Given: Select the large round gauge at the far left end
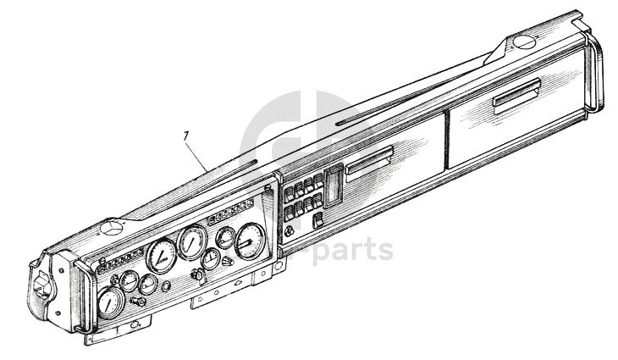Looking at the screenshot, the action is pyautogui.click(x=110, y=302).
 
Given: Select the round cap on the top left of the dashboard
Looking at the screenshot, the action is pyautogui.click(x=111, y=229).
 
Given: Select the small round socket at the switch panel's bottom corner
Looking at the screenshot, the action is pyautogui.click(x=290, y=232).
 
